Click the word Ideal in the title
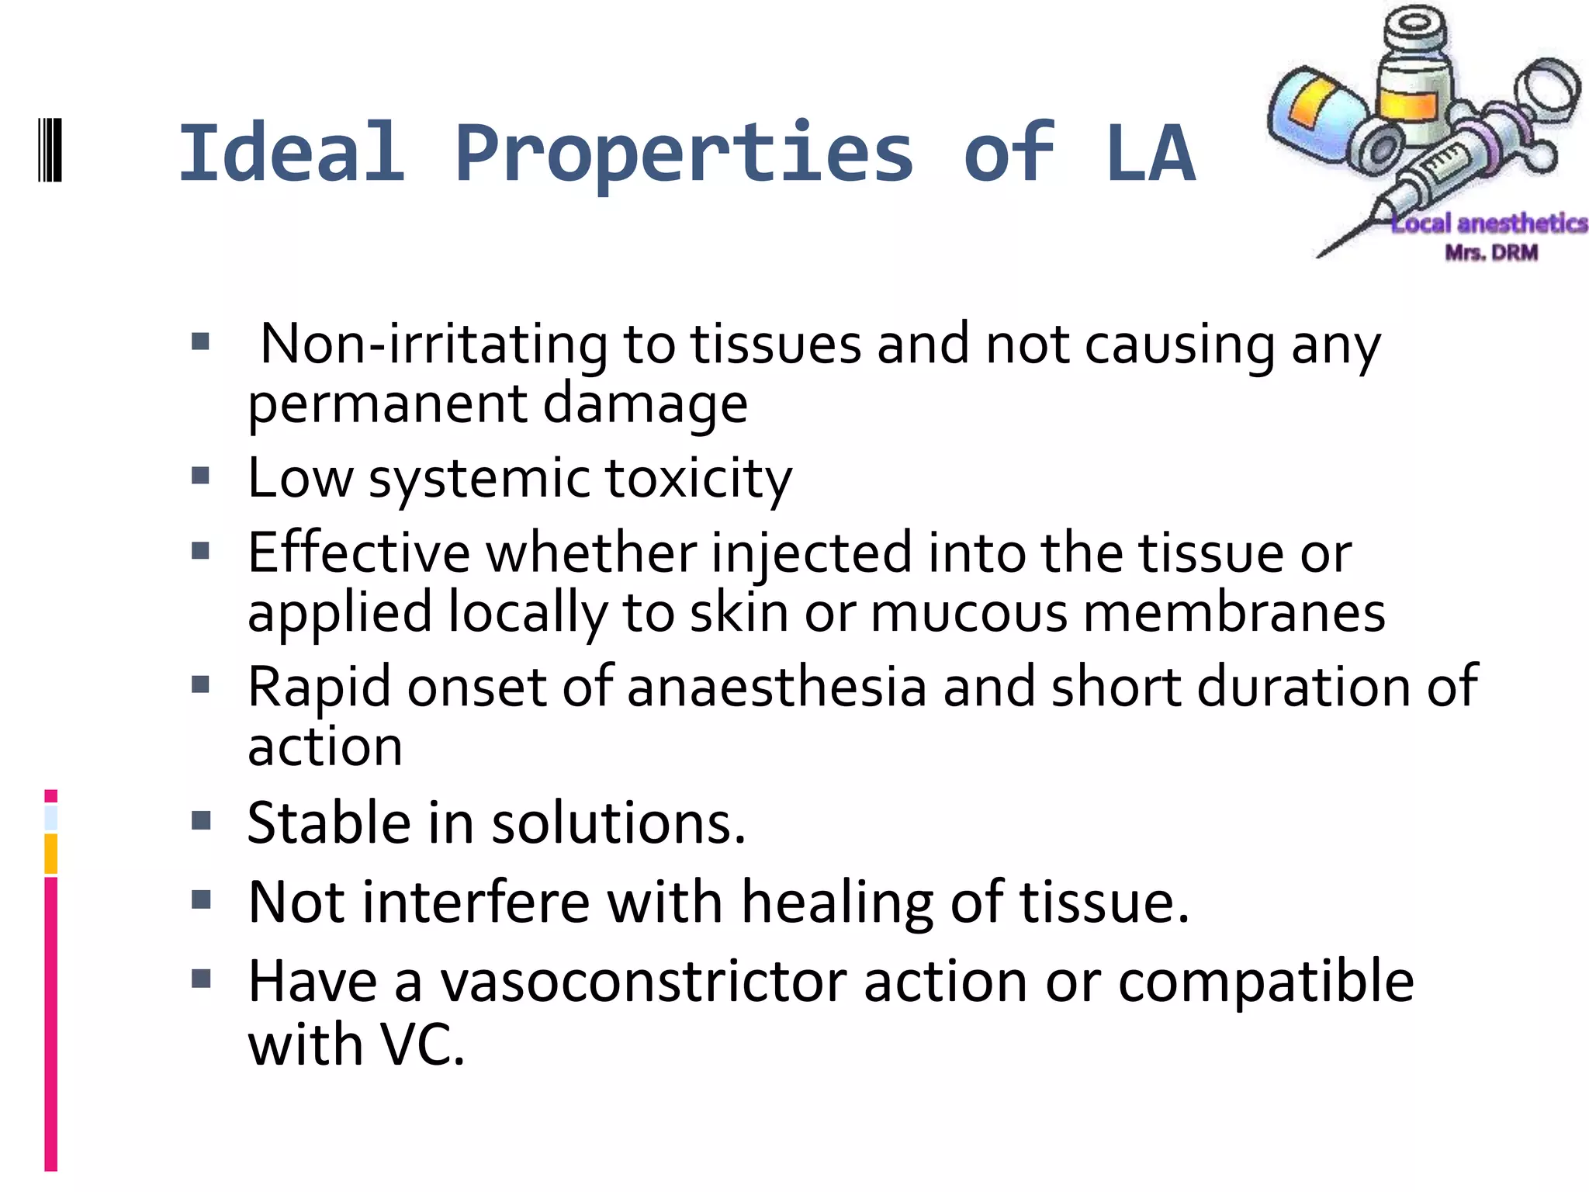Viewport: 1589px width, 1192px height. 292,154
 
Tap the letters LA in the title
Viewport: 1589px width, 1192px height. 1150,154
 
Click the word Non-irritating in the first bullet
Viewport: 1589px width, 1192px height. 433,344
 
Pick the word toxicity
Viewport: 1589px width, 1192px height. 698,478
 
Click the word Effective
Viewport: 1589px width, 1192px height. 358,553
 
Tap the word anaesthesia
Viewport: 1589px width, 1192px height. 777,687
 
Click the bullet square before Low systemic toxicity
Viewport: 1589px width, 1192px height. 201,474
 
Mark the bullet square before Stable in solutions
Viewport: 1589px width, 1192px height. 201,820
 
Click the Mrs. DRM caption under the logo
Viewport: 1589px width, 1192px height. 1490,252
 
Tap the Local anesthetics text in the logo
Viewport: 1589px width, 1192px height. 1489,223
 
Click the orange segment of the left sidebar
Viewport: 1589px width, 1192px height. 51,854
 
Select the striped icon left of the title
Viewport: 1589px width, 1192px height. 50,150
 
